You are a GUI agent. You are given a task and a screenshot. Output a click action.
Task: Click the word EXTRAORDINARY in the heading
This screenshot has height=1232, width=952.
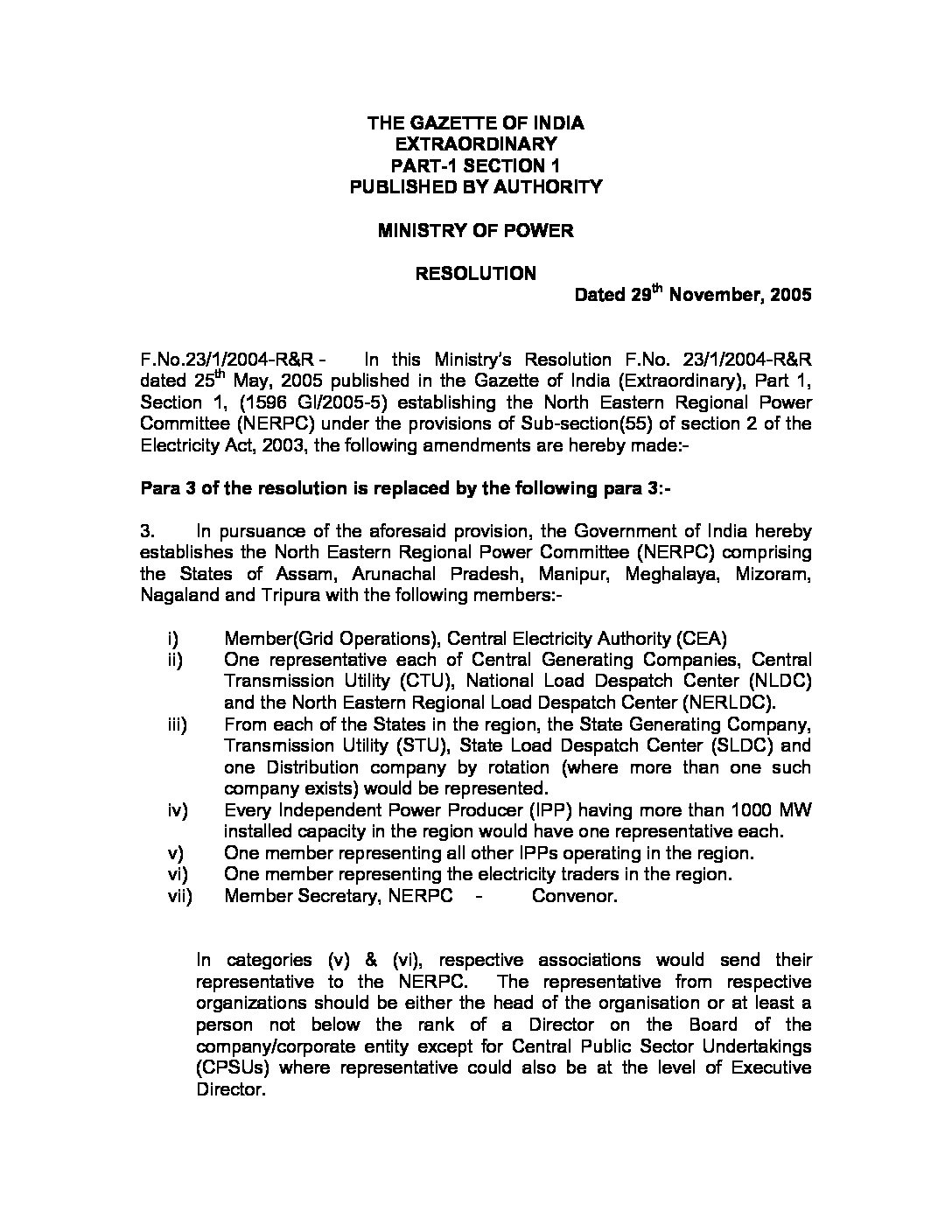click(475, 143)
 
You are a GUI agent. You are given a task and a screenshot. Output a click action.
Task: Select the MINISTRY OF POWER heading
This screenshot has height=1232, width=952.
click(475, 230)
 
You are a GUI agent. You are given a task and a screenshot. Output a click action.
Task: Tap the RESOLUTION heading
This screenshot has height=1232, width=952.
click(475, 273)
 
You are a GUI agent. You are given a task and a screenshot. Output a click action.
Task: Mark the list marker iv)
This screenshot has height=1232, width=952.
click(177, 810)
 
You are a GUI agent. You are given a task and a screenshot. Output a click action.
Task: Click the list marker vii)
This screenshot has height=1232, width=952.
click(179, 896)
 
